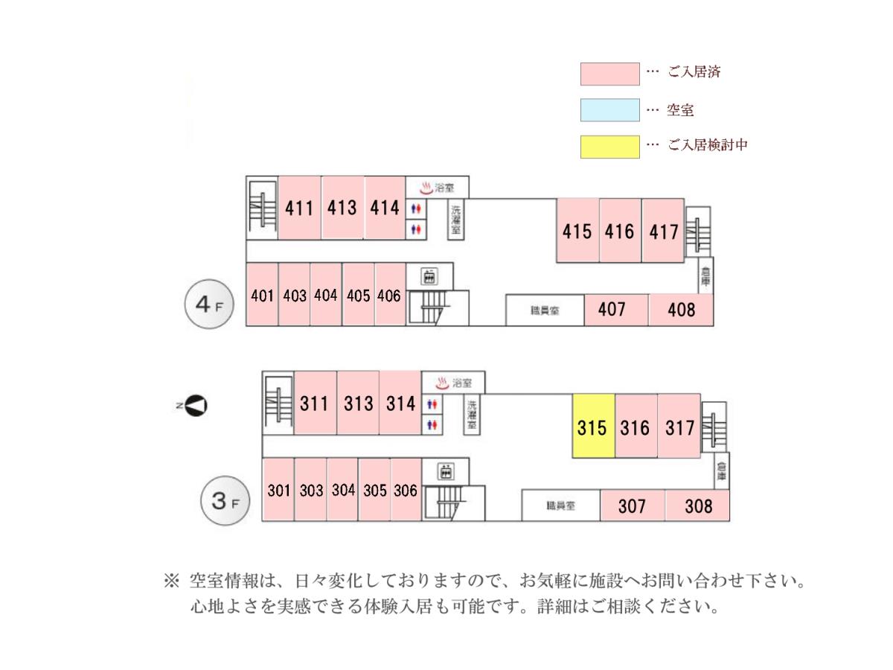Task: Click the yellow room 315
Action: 593,426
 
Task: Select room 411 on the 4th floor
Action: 299,208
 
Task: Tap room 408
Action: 681,310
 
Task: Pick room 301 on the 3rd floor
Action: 278,489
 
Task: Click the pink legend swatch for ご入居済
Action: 609,74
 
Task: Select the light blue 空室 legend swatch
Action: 609,110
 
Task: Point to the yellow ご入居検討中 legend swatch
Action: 609,147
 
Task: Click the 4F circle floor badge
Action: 209,304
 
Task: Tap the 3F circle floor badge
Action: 225,500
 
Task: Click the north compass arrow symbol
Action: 196,406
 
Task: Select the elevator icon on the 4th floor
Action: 429,276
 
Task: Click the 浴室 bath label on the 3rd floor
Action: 462,383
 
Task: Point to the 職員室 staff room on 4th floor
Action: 545,310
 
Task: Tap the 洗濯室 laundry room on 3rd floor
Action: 472,414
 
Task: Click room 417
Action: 663,231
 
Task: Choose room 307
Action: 633,505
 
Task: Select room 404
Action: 325,295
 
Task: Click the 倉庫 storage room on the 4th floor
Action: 705,275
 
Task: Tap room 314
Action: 400,403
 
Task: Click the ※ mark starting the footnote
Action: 171,581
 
